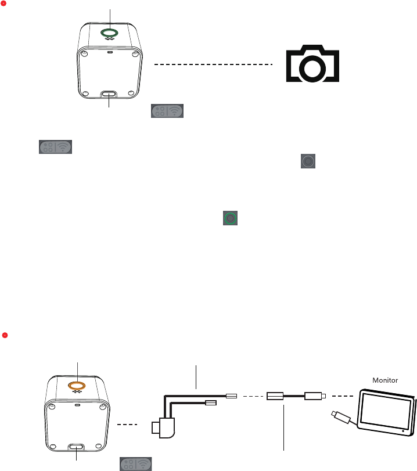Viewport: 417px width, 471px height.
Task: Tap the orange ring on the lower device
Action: click(76, 385)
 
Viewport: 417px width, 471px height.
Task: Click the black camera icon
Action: click(311, 64)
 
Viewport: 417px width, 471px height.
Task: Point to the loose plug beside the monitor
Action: click(340, 416)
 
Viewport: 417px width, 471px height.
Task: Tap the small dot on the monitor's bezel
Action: click(402, 431)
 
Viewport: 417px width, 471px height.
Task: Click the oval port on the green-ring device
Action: click(109, 94)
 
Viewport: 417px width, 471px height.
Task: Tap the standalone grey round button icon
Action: click(308, 161)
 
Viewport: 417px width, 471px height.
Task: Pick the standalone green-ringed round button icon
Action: click(231, 218)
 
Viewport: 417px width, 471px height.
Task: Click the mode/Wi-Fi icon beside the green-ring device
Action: click(167, 112)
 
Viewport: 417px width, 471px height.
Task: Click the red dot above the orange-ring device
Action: click(4, 335)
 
